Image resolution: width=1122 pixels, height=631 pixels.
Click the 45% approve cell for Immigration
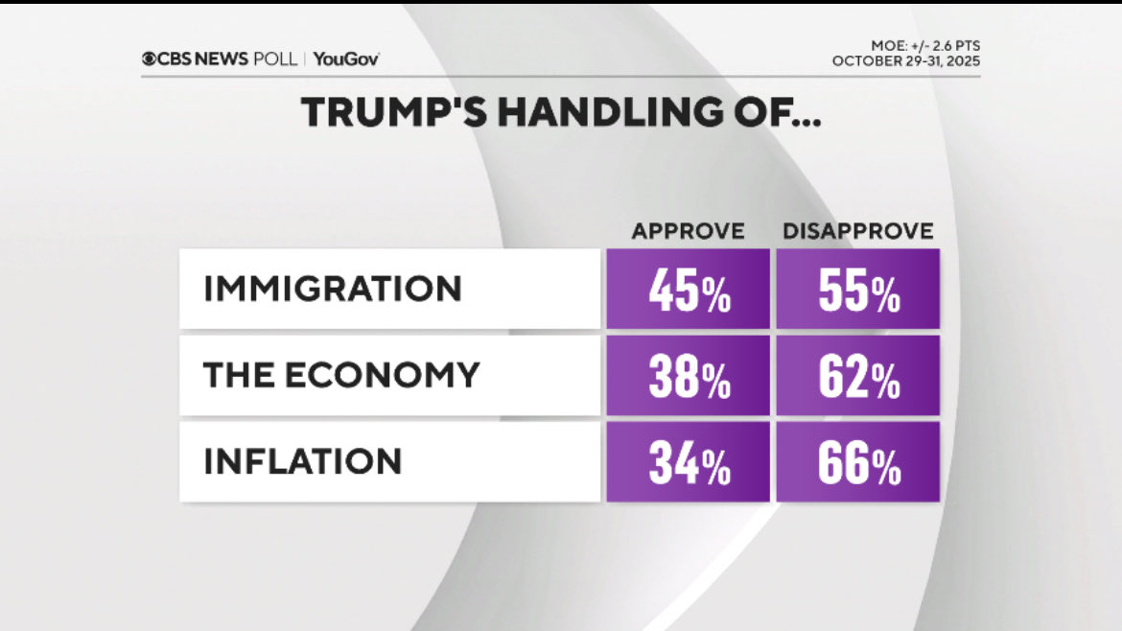[x=688, y=290]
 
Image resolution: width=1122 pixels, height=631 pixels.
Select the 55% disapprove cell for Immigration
[x=858, y=290]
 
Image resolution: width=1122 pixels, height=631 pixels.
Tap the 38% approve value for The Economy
[x=688, y=376]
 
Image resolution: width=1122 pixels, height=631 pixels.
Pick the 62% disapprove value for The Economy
[x=858, y=376]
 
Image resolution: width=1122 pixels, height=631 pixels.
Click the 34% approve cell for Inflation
[x=688, y=462]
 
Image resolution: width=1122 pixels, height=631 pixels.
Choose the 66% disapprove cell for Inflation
[x=858, y=462]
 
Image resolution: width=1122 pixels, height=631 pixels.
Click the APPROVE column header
[x=688, y=231]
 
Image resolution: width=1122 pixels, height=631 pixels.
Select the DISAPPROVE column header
[x=858, y=231]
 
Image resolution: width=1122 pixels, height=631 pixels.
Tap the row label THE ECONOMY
[x=341, y=375]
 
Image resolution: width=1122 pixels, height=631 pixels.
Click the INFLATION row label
[x=302, y=461]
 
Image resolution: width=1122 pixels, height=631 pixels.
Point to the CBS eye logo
[x=150, y=59]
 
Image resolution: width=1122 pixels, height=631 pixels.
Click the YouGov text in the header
[x=346, y=59]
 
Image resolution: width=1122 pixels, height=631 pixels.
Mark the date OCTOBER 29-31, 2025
[x=906, y=61]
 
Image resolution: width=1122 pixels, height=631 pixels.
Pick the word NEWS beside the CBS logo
[x=221, y=59]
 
